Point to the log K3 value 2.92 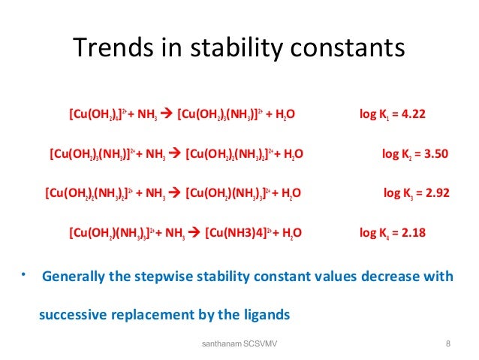[x=433, y=193]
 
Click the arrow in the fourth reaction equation [x=194, y=232]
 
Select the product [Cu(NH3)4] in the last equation [x=238, y=232]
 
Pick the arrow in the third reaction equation [x=175, y=193]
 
